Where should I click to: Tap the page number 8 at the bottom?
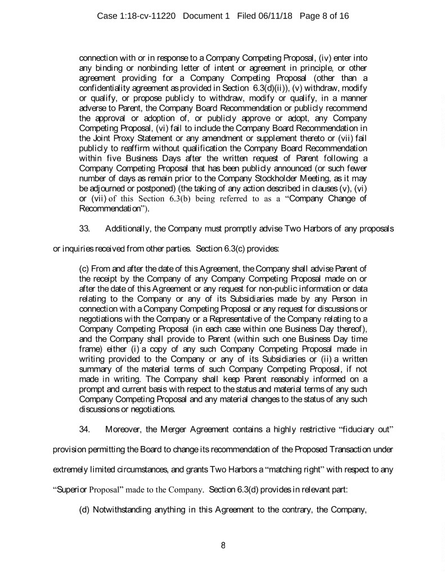pyautogui.click(x=223, y=543)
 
